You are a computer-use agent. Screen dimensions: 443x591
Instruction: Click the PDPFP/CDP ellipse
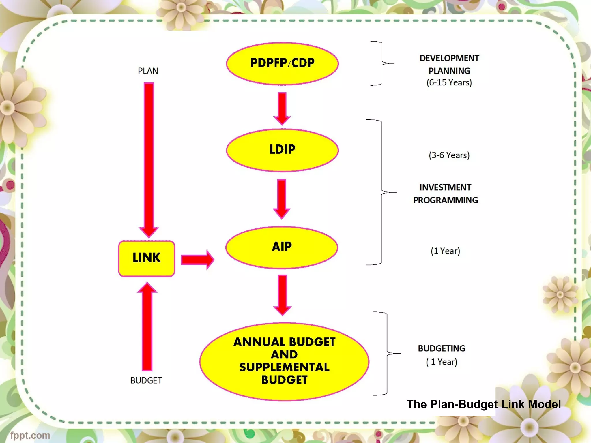[282, 63]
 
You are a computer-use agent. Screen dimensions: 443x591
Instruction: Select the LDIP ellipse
[282, 150]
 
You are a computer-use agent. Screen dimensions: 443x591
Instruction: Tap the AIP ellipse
[282, 247]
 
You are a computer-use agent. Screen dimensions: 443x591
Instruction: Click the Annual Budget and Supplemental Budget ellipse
[284, 361]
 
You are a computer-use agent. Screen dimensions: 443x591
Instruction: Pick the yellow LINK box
[147, 258]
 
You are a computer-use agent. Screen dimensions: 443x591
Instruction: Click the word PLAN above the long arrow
[148, 71]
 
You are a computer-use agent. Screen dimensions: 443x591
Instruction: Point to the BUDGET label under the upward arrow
[146, 380]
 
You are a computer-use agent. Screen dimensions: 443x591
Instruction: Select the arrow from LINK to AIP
[197, 260]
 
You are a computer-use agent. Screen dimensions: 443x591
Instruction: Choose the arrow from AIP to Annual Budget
[282, 294]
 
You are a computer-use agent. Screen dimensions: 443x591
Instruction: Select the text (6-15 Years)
[449, 83]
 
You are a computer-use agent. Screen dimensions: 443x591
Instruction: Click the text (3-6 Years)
[449, 155]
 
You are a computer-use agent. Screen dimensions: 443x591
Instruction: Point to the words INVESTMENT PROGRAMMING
[445, 194]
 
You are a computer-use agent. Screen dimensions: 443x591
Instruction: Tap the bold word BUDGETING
[442, 348]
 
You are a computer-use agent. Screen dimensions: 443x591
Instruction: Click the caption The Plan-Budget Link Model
[484, 404]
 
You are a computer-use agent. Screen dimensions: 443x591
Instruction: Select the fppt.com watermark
[30, 435]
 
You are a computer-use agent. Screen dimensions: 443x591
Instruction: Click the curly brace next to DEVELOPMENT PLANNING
[382, 63]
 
